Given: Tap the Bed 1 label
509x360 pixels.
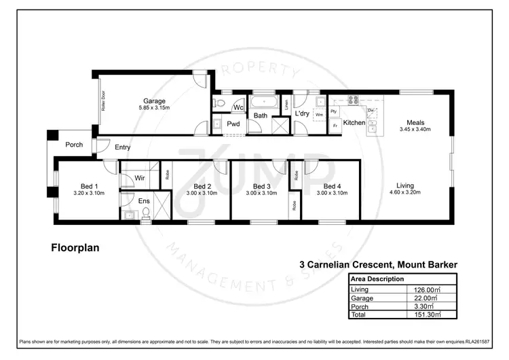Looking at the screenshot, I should click(90, 186).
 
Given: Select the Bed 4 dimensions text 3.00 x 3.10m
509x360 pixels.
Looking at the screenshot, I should click(332, 194).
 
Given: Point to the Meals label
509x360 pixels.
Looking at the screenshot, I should click(415, 122).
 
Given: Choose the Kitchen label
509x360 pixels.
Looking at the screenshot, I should click(354, 123).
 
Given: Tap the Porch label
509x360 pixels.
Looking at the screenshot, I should click(74, 145).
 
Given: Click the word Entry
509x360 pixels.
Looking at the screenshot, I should click(123, 147).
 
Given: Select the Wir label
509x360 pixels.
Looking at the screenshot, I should click(139, 178).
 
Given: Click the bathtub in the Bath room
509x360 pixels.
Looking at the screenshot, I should click(263, 103).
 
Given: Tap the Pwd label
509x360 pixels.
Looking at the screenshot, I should click(233, 124).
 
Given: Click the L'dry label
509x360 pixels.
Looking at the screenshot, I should click(303, 113).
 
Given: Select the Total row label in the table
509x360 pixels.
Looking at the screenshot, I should click(358, 314).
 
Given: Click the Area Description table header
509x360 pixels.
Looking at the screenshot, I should click(377, 279).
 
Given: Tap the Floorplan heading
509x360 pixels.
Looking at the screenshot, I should click(75, 248).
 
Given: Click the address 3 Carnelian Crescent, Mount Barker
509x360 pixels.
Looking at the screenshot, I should click(378, 264).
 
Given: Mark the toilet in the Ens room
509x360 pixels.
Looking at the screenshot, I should click(145, 213).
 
